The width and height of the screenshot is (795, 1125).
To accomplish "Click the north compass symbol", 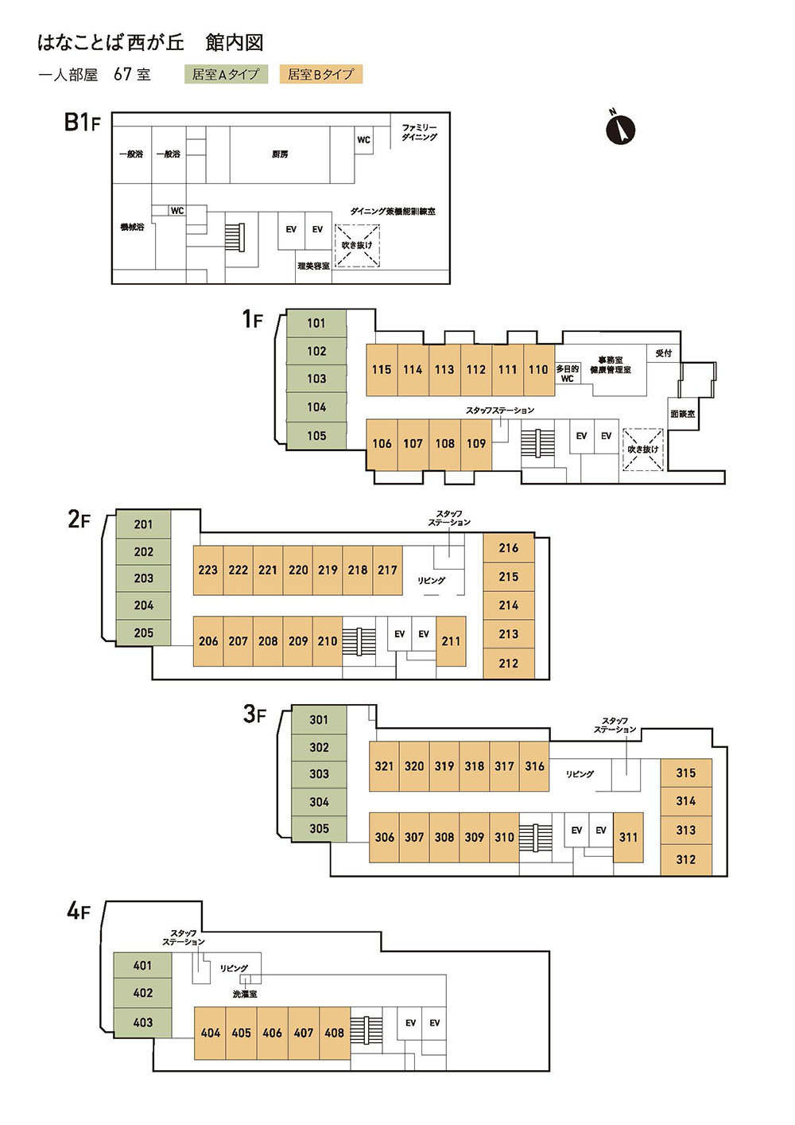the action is point(621,129).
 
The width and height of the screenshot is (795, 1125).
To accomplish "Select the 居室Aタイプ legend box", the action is point(225,74).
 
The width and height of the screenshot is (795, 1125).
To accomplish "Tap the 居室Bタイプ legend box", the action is point(320,74).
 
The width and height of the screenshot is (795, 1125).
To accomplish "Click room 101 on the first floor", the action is point(316,323).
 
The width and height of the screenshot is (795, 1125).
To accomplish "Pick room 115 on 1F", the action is point(382,370).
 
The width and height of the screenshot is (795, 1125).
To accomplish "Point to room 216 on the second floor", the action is point(509,547).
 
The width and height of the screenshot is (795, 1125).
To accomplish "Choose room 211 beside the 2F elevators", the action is point(451,640).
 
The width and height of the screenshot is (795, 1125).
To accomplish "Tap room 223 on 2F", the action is point(207,570).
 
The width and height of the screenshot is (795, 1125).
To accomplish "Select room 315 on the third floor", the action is point(685,773).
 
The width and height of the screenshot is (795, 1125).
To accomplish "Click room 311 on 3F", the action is point(628,837).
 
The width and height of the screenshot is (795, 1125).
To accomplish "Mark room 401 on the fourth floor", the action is point(142,965).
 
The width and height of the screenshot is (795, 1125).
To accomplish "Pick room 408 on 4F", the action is point(334,1033).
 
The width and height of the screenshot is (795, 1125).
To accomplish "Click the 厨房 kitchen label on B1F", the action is point(280,154).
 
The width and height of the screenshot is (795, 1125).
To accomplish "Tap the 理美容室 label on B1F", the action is point(314,266).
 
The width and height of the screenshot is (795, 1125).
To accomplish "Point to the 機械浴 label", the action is point(132,227).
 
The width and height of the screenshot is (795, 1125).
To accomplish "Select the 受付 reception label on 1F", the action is point(664,353).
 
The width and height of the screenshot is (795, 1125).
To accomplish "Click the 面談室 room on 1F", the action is point(683,414).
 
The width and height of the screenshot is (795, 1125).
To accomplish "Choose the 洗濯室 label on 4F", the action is point(245,994).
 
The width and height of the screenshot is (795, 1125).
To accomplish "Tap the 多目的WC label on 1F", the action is point(567,374).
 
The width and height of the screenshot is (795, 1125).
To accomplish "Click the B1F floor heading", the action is point(82,122).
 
